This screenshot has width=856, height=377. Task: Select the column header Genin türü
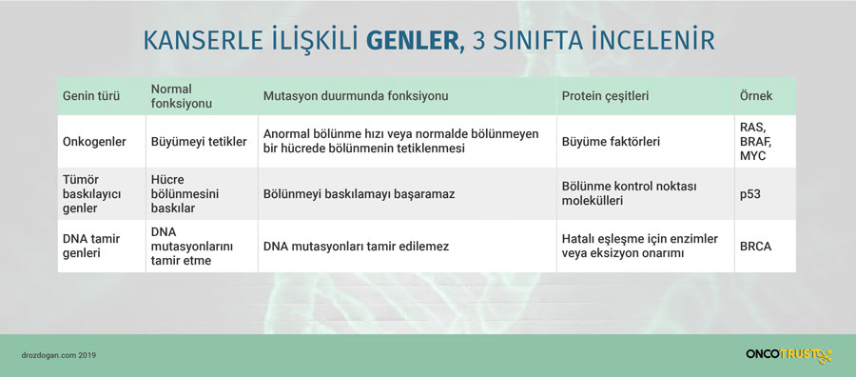[91, 96]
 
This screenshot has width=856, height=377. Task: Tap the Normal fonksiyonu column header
[182, 96]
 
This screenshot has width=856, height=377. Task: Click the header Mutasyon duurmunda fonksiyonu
[356, 96]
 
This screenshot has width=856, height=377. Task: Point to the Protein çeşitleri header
[605, 96]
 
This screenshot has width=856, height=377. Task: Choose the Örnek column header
[756, 96]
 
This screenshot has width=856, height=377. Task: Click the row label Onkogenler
[94, 142]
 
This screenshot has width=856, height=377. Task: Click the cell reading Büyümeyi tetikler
[199, 142]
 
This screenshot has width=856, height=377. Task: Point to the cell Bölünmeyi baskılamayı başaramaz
[359, 194]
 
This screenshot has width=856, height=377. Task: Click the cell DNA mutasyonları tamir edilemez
[356, 247]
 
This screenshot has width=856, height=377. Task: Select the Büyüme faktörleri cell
[611, 142]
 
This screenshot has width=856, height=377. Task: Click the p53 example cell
[750, 194]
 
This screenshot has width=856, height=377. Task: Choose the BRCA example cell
[755, 247]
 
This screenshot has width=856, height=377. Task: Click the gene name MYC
[753, 156]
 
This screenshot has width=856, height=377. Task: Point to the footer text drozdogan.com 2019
[59, 355]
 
